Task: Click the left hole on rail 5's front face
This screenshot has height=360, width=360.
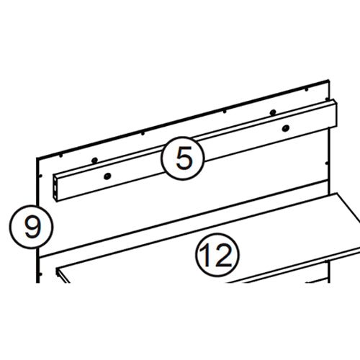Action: coord(107,176)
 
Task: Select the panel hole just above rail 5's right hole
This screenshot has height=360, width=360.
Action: coord(273,112)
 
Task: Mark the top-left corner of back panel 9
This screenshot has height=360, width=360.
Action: coord(36,157)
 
